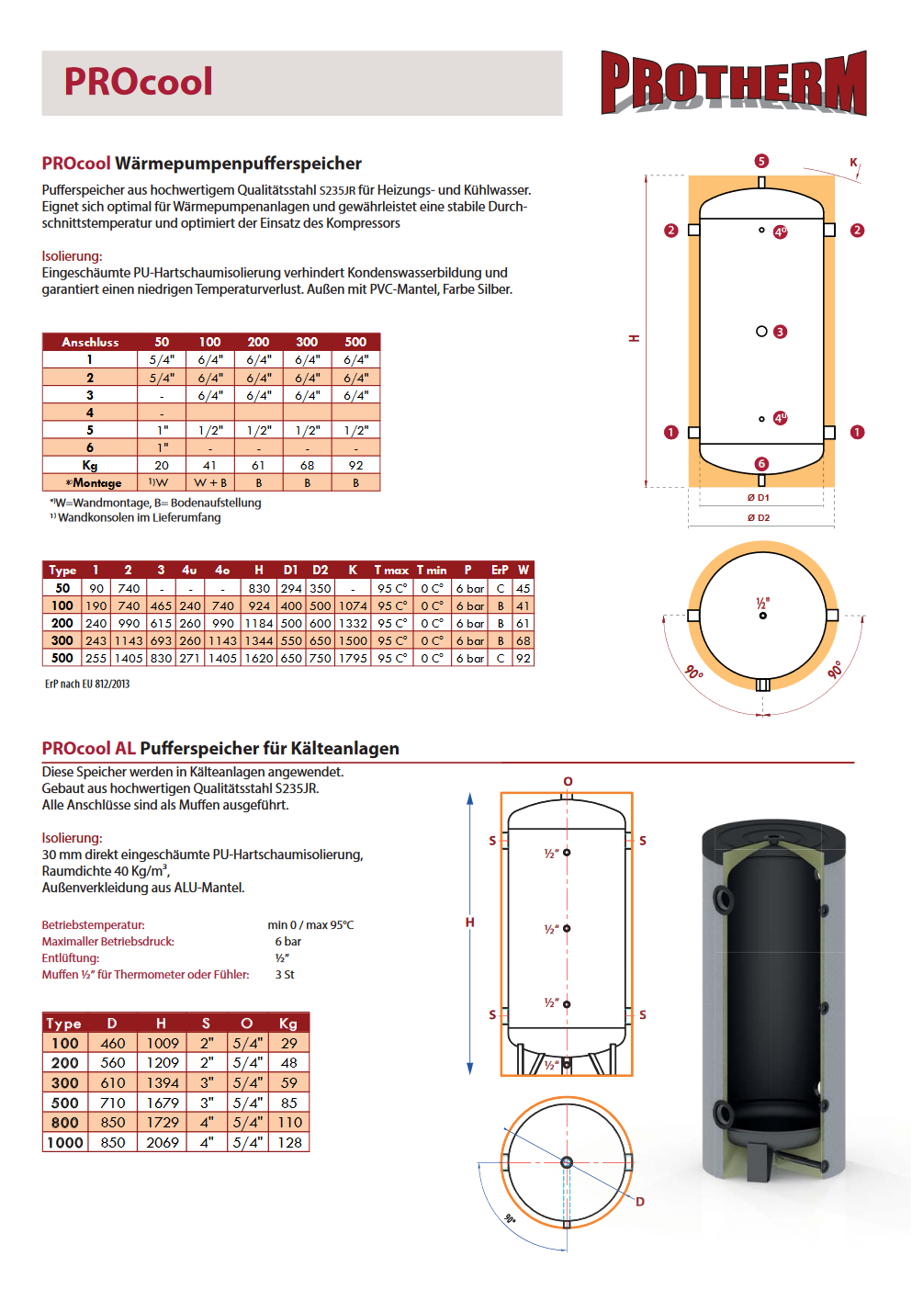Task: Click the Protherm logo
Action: pyautogui.click(x=733, y=83)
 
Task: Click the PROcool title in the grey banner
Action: pyautogui.click(x=138, y=82)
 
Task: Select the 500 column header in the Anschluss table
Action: pyautogui.click(x=355, y=342)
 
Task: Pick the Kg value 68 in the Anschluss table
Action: pyautogui.click(x=307, y=466)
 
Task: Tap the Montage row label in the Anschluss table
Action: pyautogui.click(x=93, y=483)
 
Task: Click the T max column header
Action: pyautogui.click(x=391, y=571)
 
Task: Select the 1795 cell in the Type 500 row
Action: pyautogui.click(x=353, y=659)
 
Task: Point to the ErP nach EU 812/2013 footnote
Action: pyautogui.click(x=87, y=685)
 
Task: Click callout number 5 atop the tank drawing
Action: pyautogui.click(x=761, y=161)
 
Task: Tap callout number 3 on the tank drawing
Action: pyautogui.click(x=781, y=332)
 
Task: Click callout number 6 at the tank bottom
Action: pyautogui.click(x=761, y=464)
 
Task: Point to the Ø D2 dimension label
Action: pyautogui.click(x=759, y=518)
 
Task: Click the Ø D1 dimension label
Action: pyautogui.click(x=759, y=498)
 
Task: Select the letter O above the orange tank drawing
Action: pyautogui.click(x=568, y=782)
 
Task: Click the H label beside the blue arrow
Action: pyautogui.click(x=469, y=922)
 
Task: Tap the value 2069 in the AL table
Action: pyautogui.click(x=163, y=1143)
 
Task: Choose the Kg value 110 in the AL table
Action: pyautogui.click(x=290, y=1123)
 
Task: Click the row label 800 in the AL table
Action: pyautogui.click(x=65, y=1123)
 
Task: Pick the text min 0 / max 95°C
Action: pyautogui.click(x=310, y=925)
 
